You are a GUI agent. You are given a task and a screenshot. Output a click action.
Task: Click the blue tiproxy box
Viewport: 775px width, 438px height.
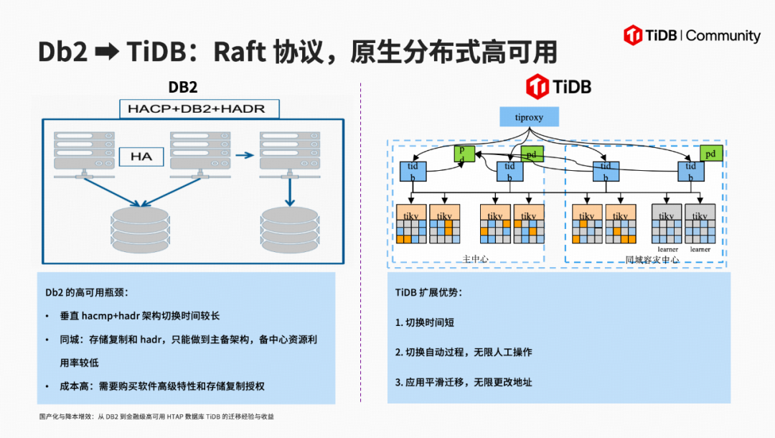pos(528,117)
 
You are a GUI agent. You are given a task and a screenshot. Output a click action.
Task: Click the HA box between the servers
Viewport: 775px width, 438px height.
pos(142,155)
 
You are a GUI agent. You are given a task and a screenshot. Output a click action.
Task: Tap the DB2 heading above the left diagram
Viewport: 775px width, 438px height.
pos(183,88)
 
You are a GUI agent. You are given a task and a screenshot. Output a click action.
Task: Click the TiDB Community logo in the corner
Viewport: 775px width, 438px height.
pos(692,36)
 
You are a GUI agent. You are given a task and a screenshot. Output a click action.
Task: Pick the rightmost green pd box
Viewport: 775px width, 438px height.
pos(710,153)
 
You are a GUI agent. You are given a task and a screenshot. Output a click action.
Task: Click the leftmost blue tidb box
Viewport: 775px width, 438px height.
pos(413,172)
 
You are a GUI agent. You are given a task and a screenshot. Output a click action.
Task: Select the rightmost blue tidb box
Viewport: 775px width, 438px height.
pos(690,172)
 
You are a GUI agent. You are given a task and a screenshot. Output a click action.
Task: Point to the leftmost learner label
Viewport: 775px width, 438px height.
pos(667,249)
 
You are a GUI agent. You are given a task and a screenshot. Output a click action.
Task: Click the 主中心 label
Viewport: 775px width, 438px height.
pos(475,258)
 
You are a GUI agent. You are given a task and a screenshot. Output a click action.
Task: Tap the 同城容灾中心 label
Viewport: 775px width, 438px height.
pos(652,259)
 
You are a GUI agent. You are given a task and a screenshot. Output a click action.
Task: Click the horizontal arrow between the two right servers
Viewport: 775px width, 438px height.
pos(245,154)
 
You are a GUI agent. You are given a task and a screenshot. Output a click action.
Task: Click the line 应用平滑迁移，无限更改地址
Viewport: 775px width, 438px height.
pos(464,382)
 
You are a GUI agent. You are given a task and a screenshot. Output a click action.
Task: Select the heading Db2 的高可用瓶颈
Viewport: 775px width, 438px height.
pos(87,292)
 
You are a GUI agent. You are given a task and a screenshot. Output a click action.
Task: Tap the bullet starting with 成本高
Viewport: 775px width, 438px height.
pos(162,386)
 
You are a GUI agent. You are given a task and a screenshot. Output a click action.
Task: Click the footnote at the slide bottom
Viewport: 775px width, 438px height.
pos(156,416)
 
